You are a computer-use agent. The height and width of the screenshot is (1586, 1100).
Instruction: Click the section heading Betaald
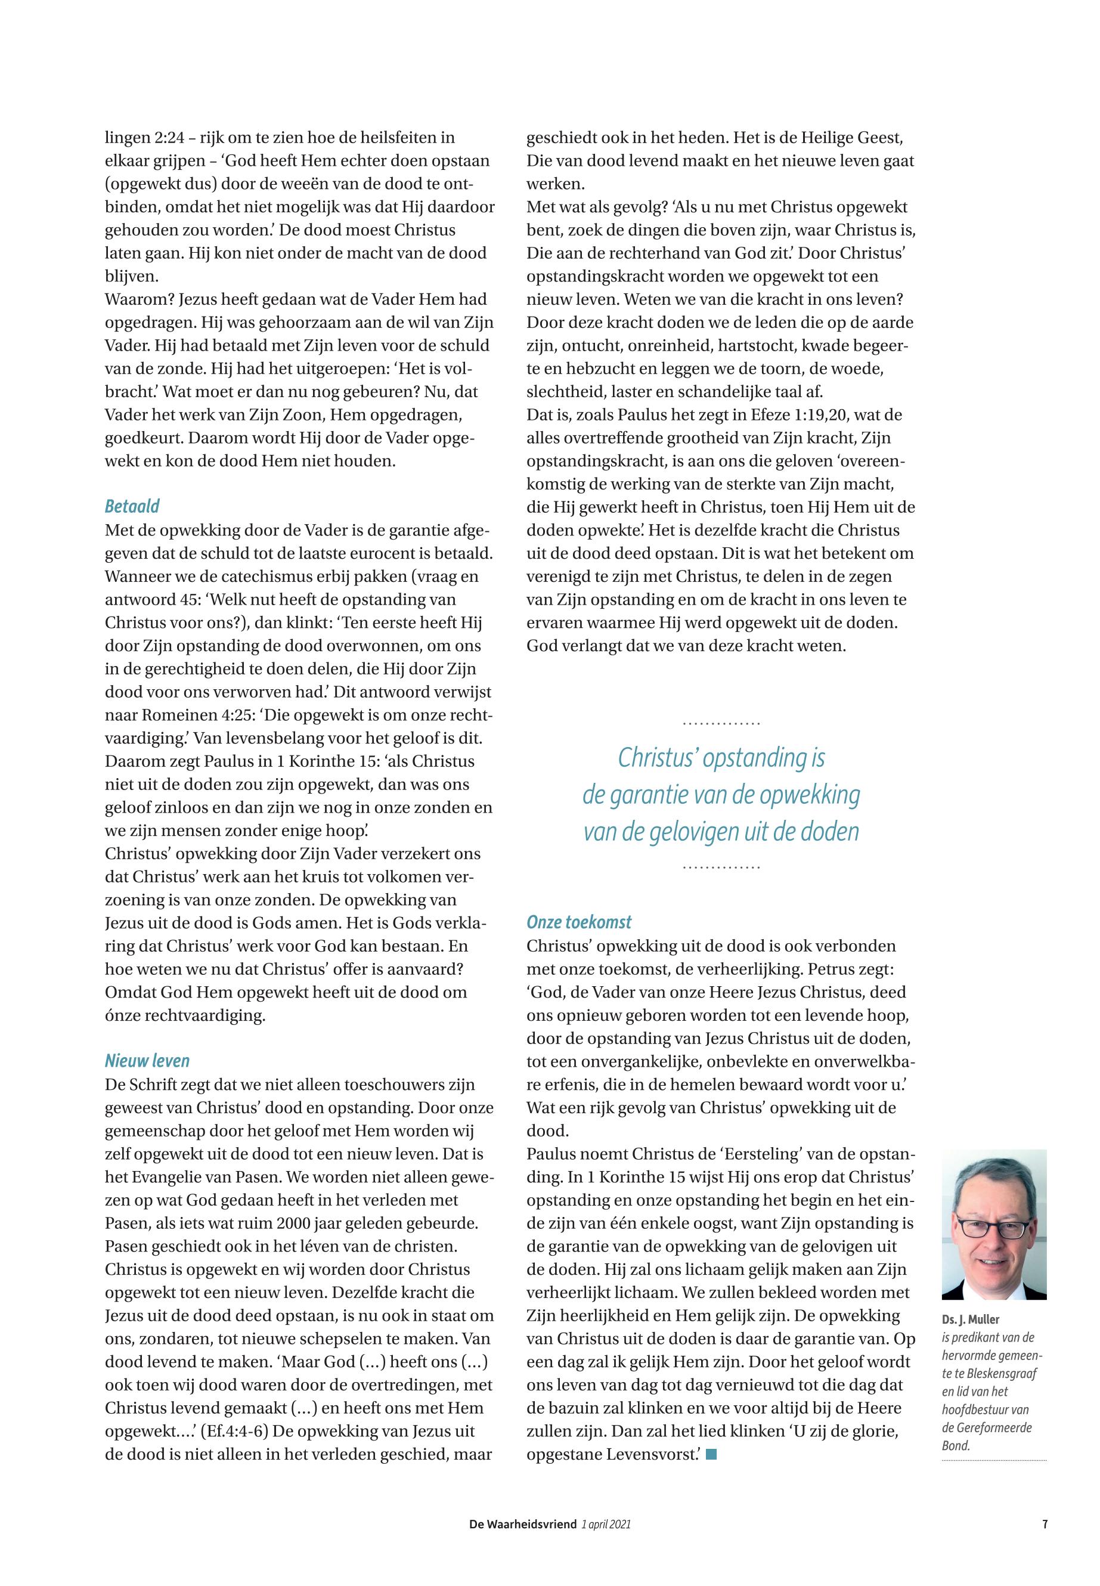tap(132, 507)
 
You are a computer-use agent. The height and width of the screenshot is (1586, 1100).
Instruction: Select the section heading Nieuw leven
tap(147, 1061)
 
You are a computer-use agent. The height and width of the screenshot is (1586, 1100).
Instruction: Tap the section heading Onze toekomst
tap(579, 922)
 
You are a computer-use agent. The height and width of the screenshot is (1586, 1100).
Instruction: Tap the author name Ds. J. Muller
tap(971, 1320)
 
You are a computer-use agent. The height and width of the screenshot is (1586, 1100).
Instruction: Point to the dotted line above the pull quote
tap(721, 724)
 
